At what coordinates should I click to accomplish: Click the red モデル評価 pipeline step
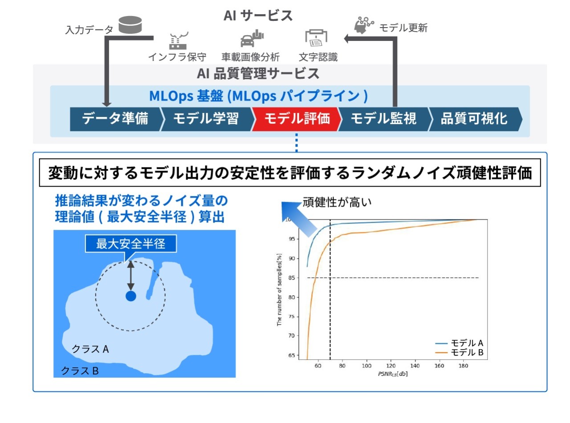point(297,119)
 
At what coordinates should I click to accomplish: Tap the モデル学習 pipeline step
point(206,119)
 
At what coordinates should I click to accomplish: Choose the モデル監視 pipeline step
point(383,119)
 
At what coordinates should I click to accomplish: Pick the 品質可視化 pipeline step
point(474,119)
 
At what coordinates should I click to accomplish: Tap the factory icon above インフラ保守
point(178,40)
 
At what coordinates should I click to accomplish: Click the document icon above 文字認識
point(317,39)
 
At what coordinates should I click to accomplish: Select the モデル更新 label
point(403,28)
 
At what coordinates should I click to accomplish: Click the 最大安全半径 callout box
point(131,244)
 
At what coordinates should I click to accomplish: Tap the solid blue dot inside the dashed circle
point(130,296)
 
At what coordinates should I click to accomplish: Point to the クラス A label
point(90,349)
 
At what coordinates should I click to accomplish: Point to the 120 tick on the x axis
point(391,366)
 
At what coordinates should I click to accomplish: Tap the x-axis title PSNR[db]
point(392,374)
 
